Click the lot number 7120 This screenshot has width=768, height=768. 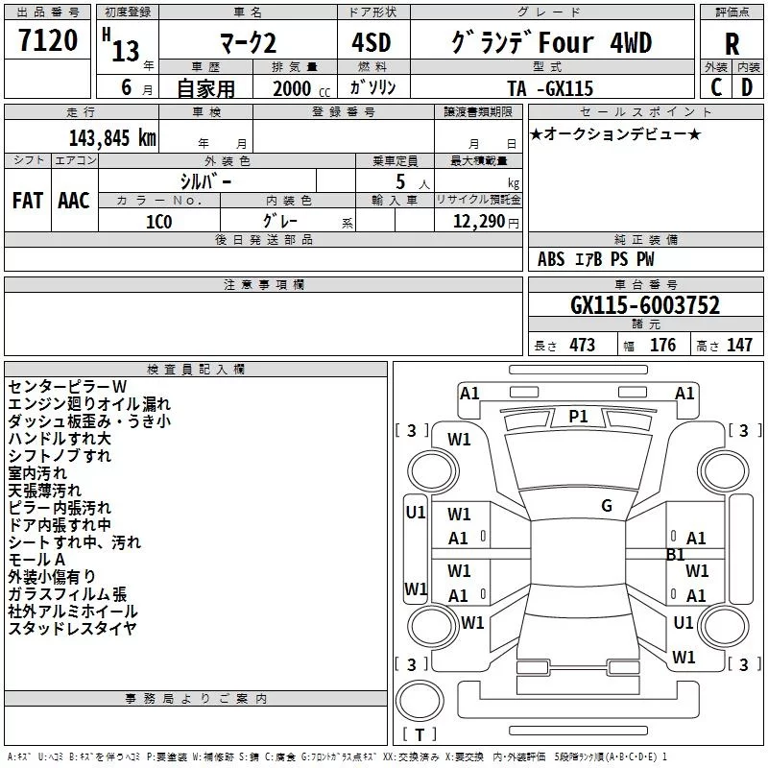pos(48,40)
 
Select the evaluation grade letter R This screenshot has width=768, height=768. pos(732,44)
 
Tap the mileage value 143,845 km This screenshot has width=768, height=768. pos(112,138)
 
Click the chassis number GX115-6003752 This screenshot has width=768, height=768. pos(645,305)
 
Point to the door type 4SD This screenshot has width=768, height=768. pos(372,42)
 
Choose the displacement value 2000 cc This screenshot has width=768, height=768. pos(301,88)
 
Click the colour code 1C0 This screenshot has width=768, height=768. pos(158,222)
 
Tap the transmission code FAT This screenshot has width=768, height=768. pos(28,201)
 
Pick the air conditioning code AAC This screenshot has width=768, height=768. pos(74,201)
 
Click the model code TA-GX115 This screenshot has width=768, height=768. pos(550,88)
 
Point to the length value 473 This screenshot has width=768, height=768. pos(583,345)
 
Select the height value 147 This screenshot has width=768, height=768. pos(739,345)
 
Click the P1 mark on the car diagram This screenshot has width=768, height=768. pos(578,417)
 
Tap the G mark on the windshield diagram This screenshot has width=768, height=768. pos(607,506)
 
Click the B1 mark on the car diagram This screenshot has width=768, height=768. pos(676,555)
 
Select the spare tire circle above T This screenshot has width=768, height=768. pos(420,701)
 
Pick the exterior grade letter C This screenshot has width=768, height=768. pos(716,87)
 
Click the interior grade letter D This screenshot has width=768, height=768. pos(747,87)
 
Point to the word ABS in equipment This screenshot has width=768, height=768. pos(551,259)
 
